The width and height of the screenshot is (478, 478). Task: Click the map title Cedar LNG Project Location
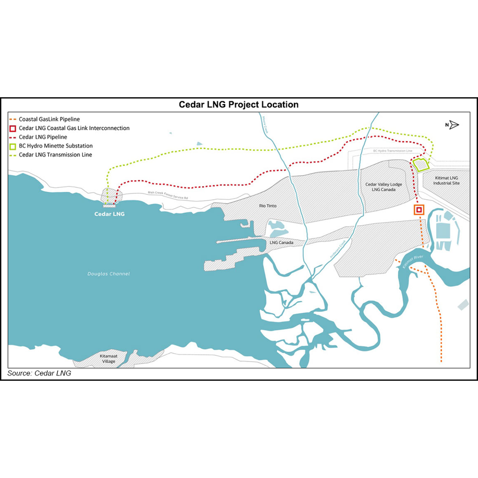point(238,105)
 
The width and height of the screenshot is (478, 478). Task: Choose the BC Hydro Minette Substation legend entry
point(56,146)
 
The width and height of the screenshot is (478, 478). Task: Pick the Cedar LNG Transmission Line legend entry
point(56,155)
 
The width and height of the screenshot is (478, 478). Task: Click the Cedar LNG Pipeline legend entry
point(43,137)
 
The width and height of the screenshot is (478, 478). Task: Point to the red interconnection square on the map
point(419,210)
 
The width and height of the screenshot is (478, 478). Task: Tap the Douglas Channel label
point(108,274)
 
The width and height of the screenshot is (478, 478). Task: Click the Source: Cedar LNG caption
point(39,373)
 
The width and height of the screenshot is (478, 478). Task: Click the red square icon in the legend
point(12,129)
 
